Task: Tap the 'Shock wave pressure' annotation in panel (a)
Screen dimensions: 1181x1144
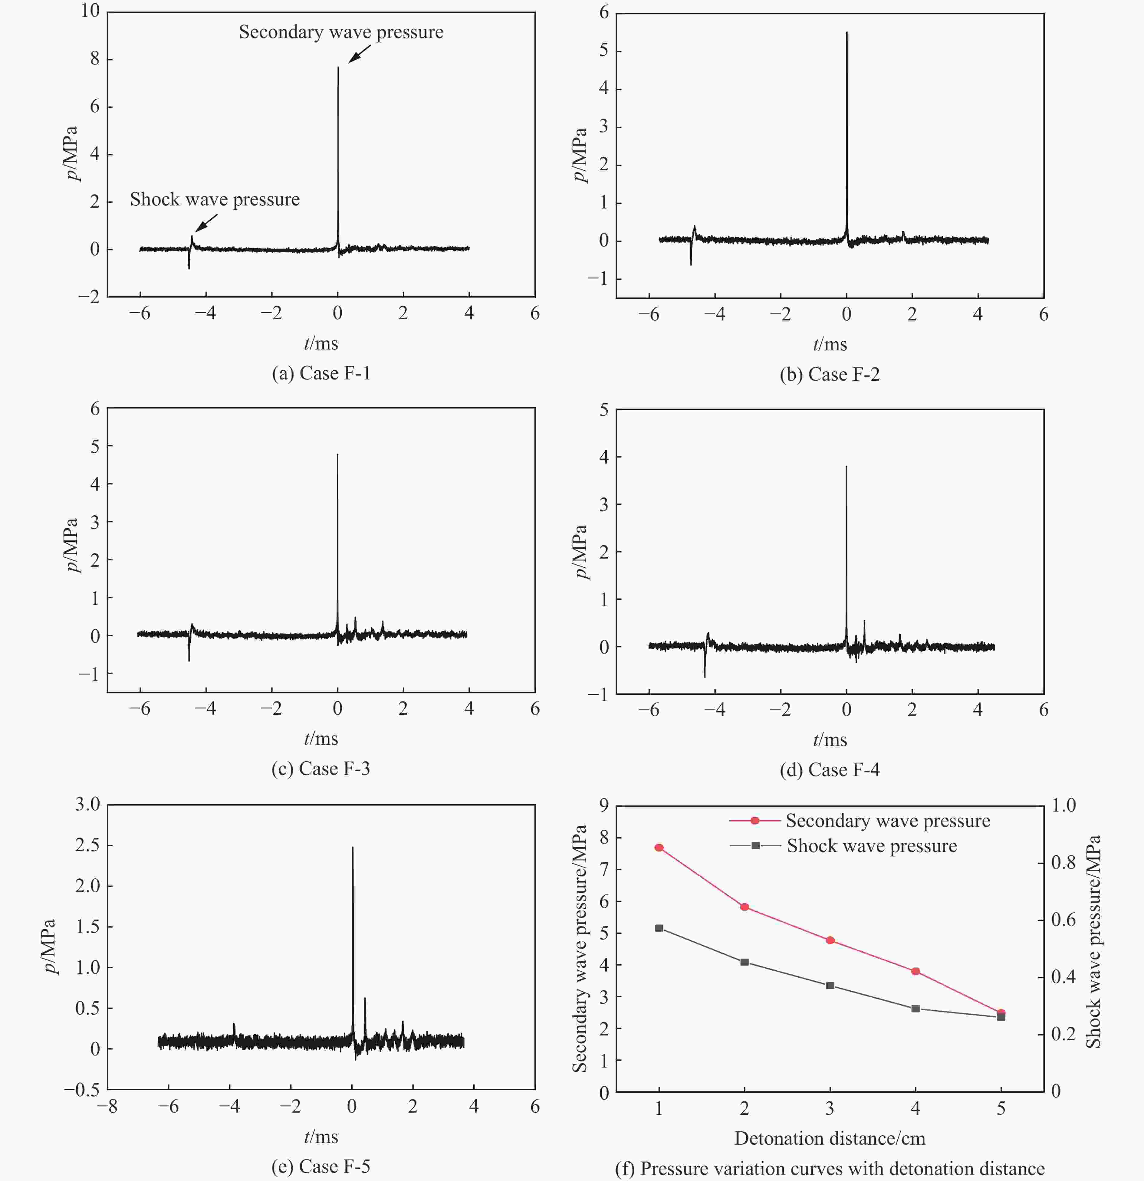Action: click(x=215, y=199)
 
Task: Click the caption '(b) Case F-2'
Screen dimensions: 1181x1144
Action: click(x=829, y=375)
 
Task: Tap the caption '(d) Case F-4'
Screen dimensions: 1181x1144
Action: click(x=829, y=770)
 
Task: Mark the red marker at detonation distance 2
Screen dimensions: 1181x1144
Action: click(x=745, y=907)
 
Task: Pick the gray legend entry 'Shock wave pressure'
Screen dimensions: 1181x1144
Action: click(x=872, y=846)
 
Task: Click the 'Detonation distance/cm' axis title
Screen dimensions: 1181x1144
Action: click(x=829, y=1138)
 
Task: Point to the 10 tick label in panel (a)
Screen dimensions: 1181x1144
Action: click(x=90, y=11)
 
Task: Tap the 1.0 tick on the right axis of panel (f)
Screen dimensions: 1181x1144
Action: click(x=1063, y=805)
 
